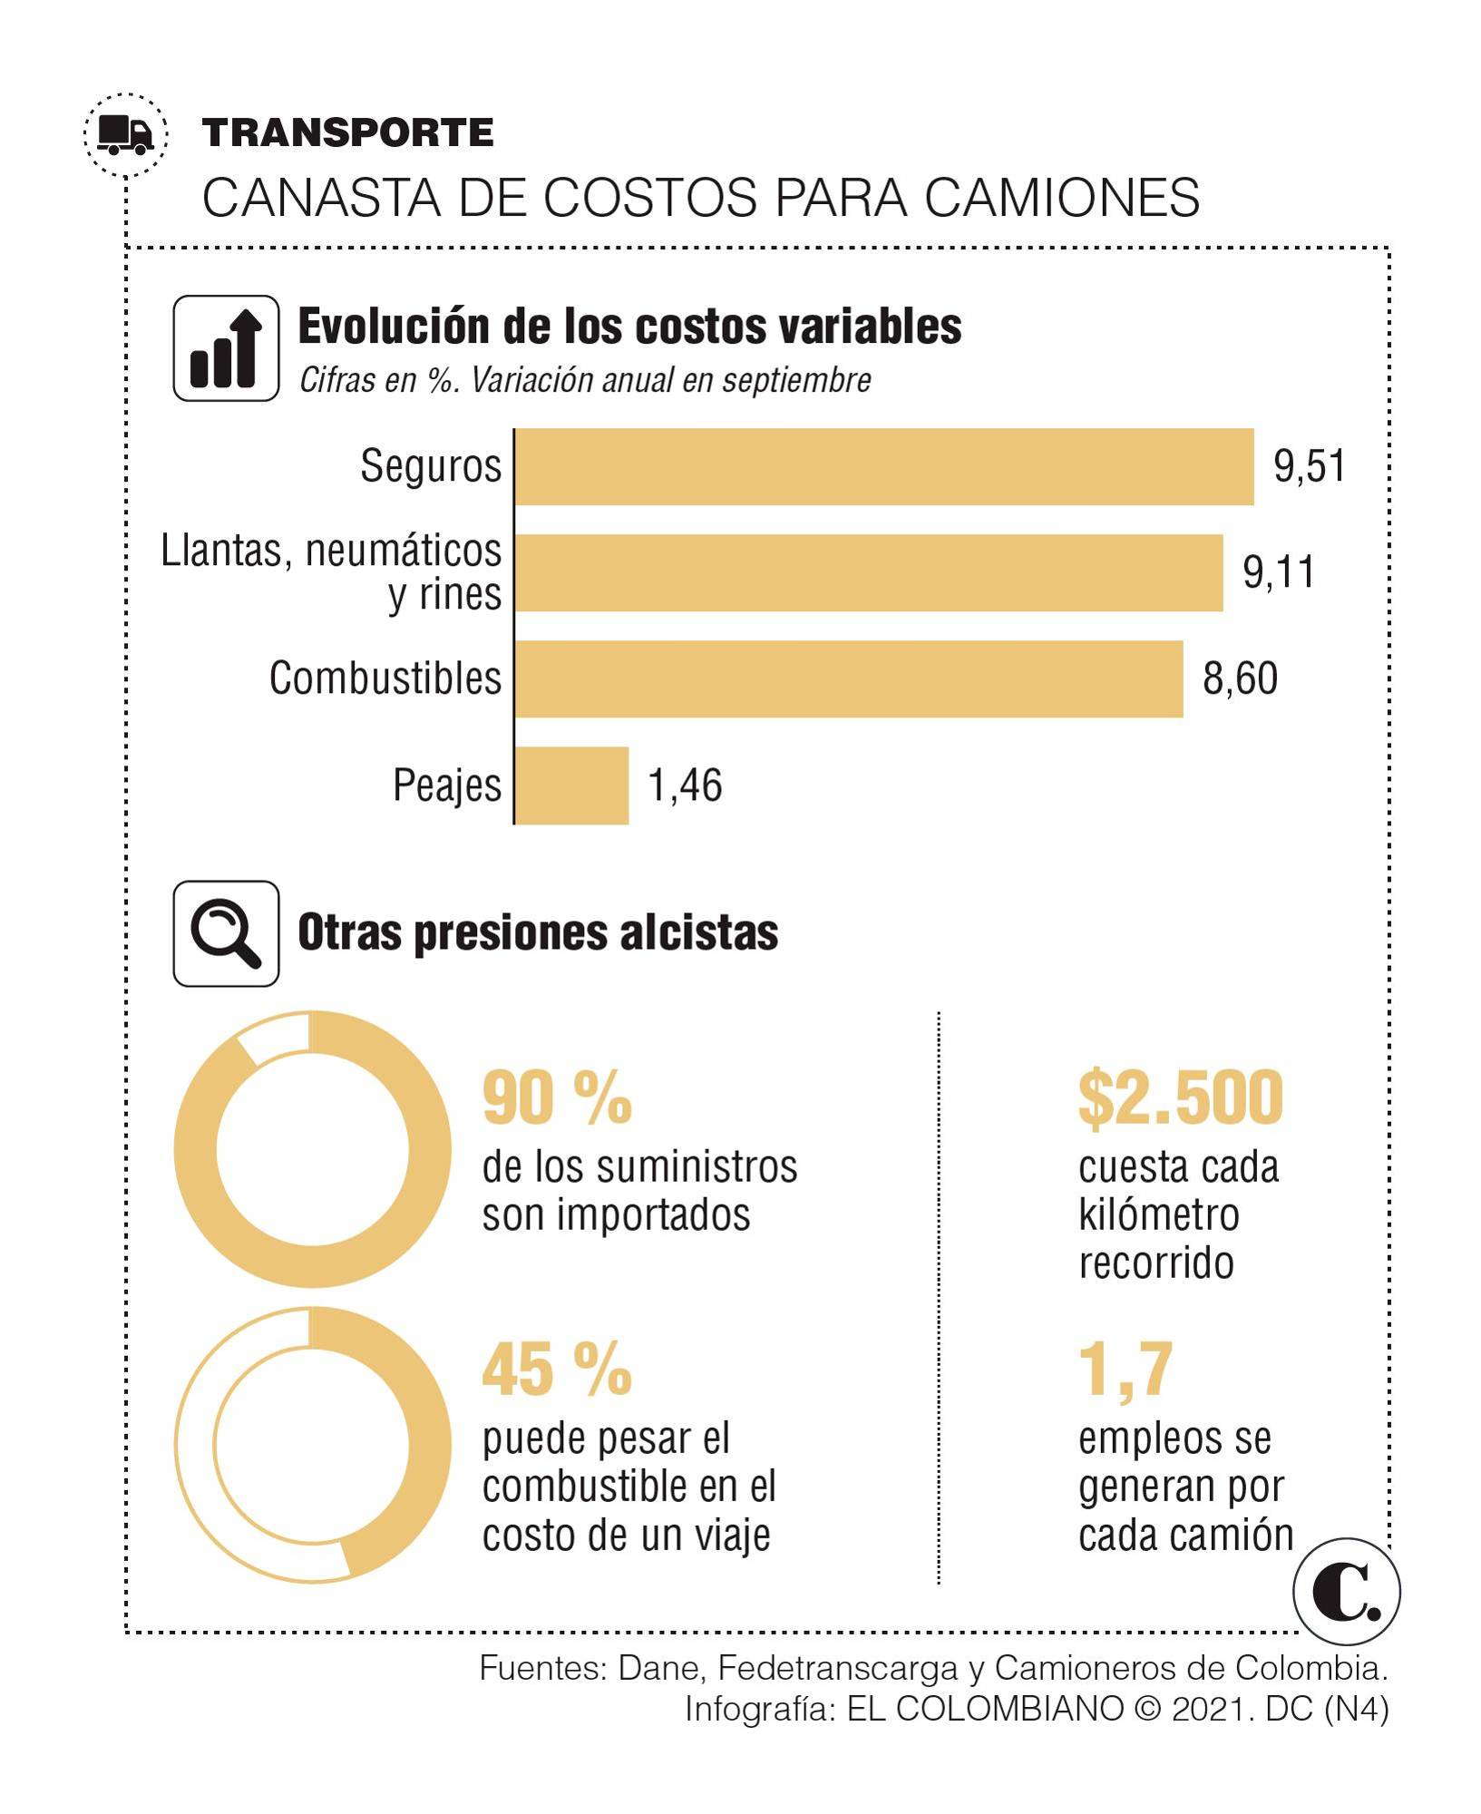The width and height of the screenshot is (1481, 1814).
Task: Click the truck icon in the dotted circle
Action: [126, 135]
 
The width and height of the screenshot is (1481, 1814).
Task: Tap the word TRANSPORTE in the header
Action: [348, 133]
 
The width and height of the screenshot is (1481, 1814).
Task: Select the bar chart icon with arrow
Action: [226, 348]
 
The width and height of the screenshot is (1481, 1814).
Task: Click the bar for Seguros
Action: [883, 467]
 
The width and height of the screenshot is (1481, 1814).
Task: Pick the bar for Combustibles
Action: [848, 679]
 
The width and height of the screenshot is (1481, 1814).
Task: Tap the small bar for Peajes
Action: [571, 785]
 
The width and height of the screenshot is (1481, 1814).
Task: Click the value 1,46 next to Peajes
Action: [685, 785]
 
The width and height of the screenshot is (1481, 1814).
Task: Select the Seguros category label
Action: [431, 467]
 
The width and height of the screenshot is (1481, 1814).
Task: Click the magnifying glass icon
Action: [226, 933]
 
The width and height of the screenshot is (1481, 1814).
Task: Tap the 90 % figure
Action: [557, 1098]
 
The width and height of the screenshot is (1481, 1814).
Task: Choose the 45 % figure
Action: [557, 1370]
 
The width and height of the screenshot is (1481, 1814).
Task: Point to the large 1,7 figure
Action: [1125, 1370]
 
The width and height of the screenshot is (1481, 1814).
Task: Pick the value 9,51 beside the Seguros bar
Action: [1310, 467]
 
